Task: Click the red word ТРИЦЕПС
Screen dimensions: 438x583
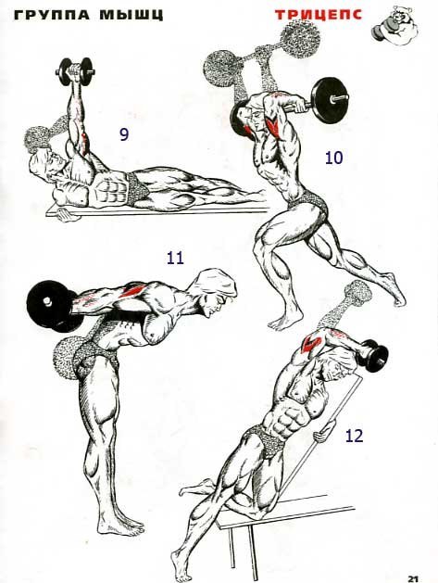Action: [319, 15]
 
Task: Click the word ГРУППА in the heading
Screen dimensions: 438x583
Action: [52, 15]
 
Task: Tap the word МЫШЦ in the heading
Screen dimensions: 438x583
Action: [131, 15]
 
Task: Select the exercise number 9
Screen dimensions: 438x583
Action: [124, 134]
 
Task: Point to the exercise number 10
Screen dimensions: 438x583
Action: [333, 158]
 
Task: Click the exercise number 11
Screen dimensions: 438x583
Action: [175, 258]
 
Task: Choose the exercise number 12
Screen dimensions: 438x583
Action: [354, 436]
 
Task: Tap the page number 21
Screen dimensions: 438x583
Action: [413, 578]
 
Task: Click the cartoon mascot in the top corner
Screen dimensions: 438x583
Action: [395, 27]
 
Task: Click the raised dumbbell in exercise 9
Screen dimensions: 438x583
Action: [75, 70]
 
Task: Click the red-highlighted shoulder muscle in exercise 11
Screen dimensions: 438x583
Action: [134, 289]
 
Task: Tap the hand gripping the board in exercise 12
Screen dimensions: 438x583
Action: [322, 434]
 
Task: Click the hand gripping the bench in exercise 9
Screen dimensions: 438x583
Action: [66, 215]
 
